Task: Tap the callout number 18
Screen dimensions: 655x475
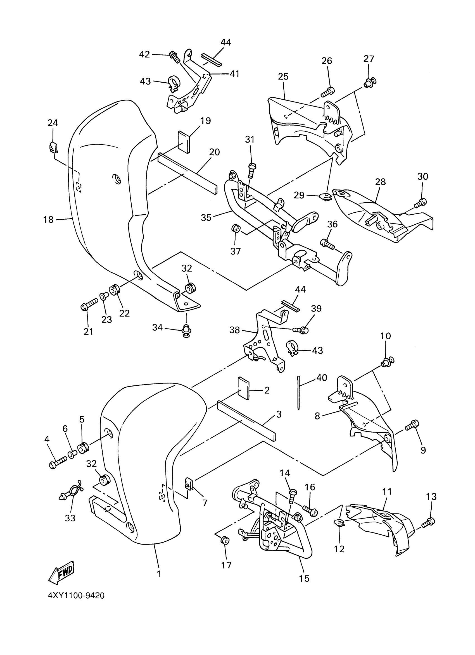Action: (48, 220)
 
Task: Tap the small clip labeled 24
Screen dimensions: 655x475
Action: (53, 148)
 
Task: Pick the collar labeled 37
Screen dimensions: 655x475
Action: (235, 229)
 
